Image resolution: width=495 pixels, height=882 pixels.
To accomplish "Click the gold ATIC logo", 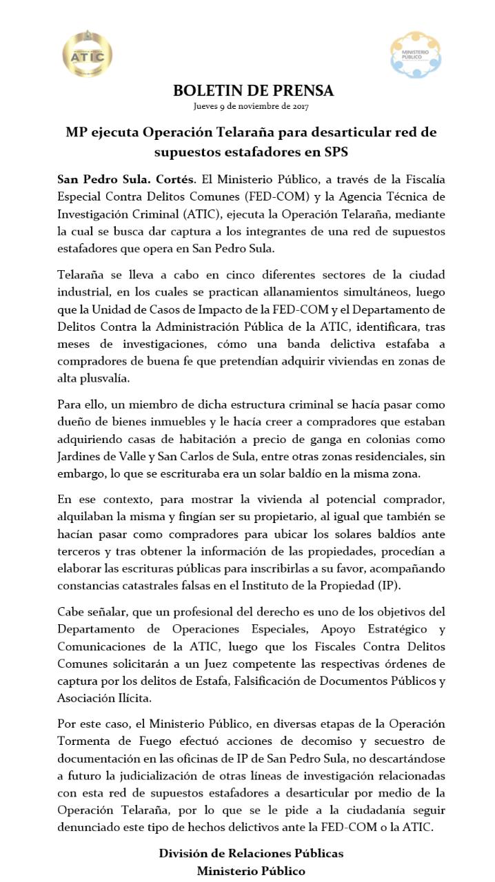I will click(x=88, y=54).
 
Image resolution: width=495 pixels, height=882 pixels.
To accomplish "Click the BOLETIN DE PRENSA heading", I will click(x=253, y=91).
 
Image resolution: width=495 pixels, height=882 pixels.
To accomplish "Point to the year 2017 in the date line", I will click(x=301, y=107).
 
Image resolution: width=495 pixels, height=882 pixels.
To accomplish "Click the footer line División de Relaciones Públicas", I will click(x=251, y=853).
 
